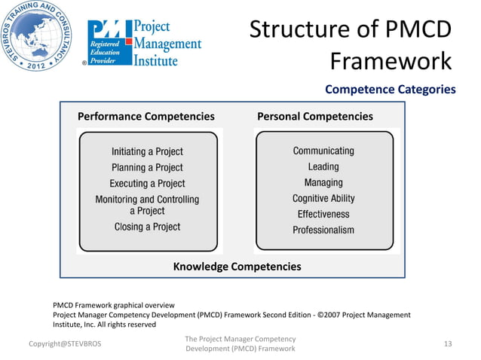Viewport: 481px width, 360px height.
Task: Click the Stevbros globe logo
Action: point(38,38)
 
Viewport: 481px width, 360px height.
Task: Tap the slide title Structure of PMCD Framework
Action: point(351,44)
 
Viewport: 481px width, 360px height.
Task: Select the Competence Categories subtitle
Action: point(390,90)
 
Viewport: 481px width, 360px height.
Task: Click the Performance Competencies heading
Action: point(146,117)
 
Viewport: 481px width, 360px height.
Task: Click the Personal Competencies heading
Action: point(315,117)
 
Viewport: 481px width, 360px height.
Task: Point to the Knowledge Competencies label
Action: point(237,267)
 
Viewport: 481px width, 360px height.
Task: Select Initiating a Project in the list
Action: point(147,151)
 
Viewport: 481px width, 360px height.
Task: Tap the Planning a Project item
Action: point(147,167)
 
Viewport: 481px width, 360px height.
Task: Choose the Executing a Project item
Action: point(147,183)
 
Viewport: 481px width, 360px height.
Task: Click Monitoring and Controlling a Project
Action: point(147,205)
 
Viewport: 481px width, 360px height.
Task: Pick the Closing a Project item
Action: point(147,226)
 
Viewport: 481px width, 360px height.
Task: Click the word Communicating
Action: point(323,151)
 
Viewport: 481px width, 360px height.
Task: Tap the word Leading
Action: point(323,166)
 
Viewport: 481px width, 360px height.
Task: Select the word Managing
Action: point(323,182)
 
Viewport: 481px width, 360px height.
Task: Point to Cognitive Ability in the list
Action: point(323,198)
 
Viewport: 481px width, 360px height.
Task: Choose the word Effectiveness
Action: point(323,214)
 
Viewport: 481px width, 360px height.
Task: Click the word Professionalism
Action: point(323,230)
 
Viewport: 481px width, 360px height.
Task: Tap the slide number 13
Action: point(448,344)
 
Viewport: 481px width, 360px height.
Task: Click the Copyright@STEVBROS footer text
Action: point(64,344)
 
